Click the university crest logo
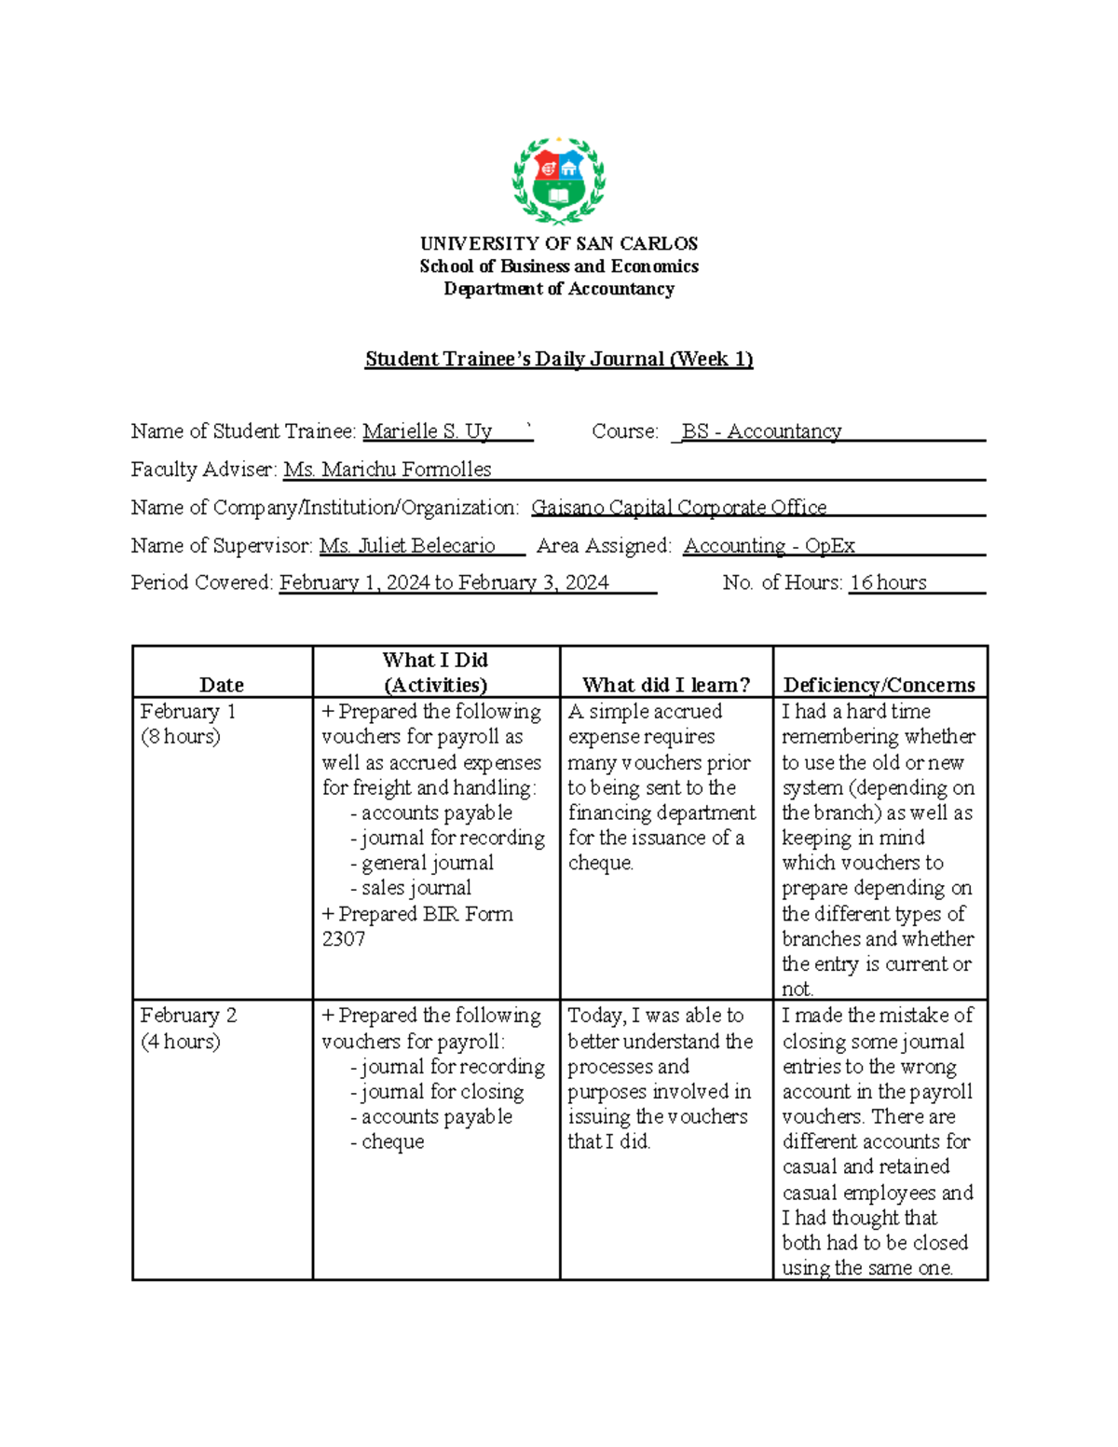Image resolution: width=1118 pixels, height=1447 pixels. [558, 181]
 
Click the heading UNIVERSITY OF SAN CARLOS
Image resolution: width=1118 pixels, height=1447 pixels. [558, 244]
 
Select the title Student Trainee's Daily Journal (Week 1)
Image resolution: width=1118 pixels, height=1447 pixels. [558, 359]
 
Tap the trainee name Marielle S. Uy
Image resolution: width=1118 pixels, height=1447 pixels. [428, 431]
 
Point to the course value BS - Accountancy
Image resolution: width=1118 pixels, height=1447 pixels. [761, 431]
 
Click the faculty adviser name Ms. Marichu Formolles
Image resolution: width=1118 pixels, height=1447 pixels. [388, 470]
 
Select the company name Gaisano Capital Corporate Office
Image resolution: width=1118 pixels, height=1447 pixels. [678, 508]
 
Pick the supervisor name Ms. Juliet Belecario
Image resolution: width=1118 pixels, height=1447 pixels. [407, 546]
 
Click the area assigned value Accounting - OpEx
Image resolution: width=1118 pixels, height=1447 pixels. [769, 546]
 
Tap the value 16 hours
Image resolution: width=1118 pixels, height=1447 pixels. [888, 583]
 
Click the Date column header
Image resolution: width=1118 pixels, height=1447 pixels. [222, 685]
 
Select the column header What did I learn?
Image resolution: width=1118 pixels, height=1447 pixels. [666, 685]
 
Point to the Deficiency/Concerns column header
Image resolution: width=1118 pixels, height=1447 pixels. [879, 685]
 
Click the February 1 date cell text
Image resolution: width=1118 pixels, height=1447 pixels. [188, 712]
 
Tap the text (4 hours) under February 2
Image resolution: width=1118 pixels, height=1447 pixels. [181, 1041]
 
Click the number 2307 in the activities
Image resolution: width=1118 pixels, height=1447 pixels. [344, 939]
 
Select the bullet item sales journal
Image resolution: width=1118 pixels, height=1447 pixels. [416, 888]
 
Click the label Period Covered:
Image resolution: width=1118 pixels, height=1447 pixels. [202, 583]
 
